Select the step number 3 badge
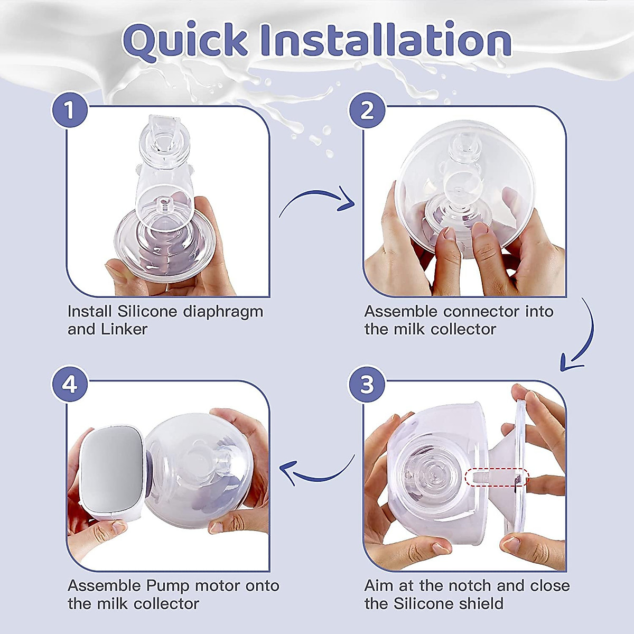tap(367, 384)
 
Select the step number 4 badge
tap(69, 384)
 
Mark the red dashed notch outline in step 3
tap(497, 477)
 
